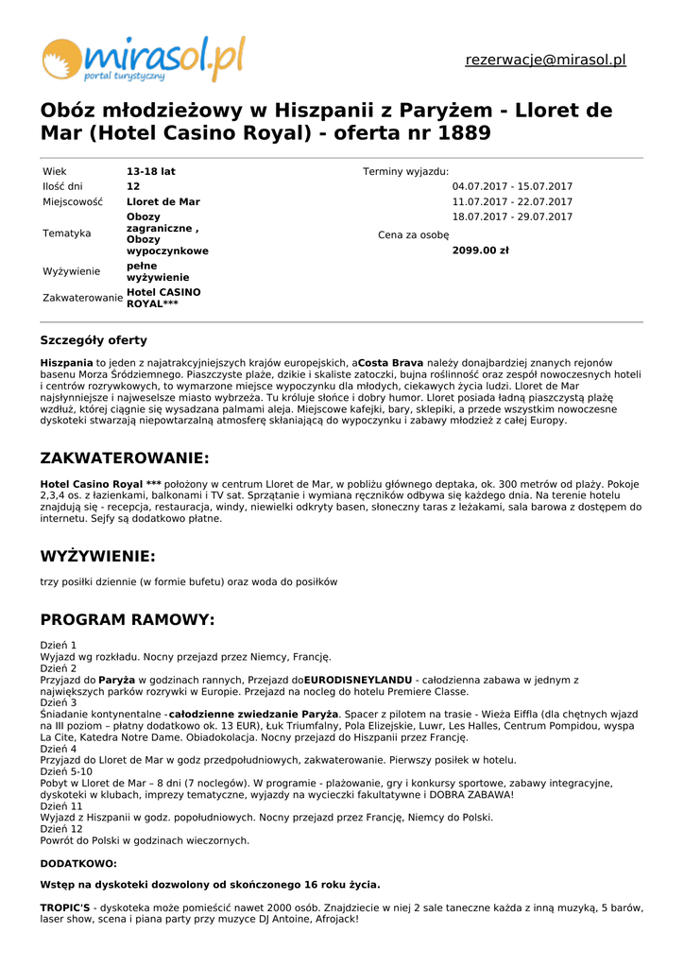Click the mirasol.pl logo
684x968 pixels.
click(143, 59)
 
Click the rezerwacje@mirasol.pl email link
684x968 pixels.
click(545, 60)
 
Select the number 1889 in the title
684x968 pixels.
click(465, 133)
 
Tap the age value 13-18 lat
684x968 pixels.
click(151, 172)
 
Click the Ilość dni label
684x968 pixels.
click(62, 187)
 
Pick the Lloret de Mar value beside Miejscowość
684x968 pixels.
click(163, 202)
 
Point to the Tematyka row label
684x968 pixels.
click(67, 233)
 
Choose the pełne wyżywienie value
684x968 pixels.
click(158, 272)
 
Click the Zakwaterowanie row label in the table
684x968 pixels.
click(83, 299)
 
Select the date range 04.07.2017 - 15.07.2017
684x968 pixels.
click(512, 187)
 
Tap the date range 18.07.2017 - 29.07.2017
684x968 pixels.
click(512, 217)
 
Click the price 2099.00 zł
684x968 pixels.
click(481, 251)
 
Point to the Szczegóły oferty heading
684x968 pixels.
click(94, 340)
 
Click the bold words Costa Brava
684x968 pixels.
click(391, 363)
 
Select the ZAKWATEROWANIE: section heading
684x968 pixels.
click(125, 458)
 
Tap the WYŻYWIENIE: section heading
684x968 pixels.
click(98, 557)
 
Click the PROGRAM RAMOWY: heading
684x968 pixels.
click(128, 620)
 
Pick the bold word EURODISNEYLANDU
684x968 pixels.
click(358, 680)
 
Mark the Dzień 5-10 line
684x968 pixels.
click(66, 771)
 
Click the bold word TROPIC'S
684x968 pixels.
click(65, 907)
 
